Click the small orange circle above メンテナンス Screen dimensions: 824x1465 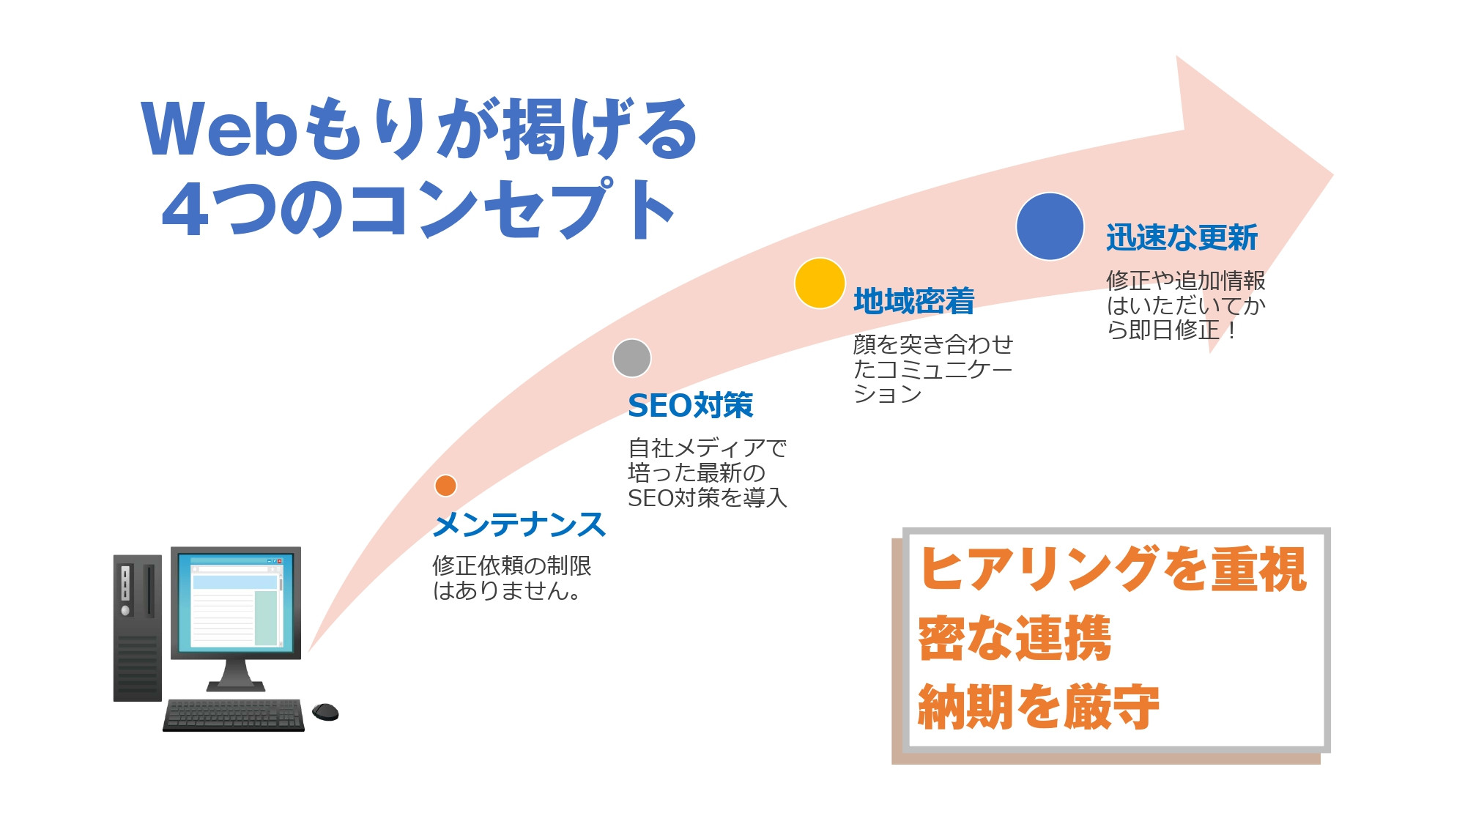click(x=445, y=486)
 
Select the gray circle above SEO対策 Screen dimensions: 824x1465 click(x=631, y=358)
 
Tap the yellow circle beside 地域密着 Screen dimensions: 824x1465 click(x=820, y=283)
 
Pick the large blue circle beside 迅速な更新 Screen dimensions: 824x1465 click(x=1050, y=226)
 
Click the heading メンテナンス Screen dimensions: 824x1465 click(x=519, y=525)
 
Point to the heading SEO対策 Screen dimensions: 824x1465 click(x=690, y=406)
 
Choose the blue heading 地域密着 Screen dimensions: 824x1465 click(x=913, y=301)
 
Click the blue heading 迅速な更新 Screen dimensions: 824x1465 click(x=1182, y=237)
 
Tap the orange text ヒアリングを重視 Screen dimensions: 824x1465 click(x=1113, y=569)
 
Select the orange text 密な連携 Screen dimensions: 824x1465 click(x=1015, y=638)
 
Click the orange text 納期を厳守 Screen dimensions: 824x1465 click(x=1038, y=707)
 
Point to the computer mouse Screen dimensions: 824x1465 click(x=325, y=711)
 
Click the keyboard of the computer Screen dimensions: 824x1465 click(x=233, y=715)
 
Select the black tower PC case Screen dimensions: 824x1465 click(x=137, y=628)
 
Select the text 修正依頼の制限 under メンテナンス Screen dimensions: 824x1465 click(x=511, y=565)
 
